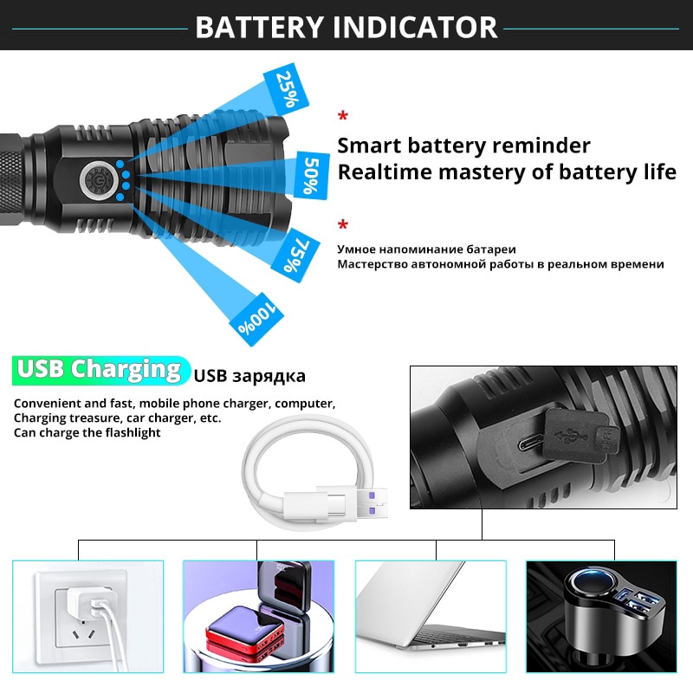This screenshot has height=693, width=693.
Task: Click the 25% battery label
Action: coord(287,89)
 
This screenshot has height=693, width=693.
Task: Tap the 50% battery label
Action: coord(312,176)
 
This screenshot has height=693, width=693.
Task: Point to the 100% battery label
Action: coord(256,319)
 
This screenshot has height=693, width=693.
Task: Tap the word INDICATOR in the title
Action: coord(415,28)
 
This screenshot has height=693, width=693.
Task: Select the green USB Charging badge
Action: coord(100,370)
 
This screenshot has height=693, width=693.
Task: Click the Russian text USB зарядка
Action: coord(249,376)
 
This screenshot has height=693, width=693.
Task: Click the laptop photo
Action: coord(431,617)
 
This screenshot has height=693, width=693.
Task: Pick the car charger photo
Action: coord(601,617)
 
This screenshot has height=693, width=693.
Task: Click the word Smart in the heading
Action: coord(369,146)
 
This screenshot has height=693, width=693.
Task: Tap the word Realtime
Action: coord(385,172)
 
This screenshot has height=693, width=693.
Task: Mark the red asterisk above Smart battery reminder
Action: coord(342,116)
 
